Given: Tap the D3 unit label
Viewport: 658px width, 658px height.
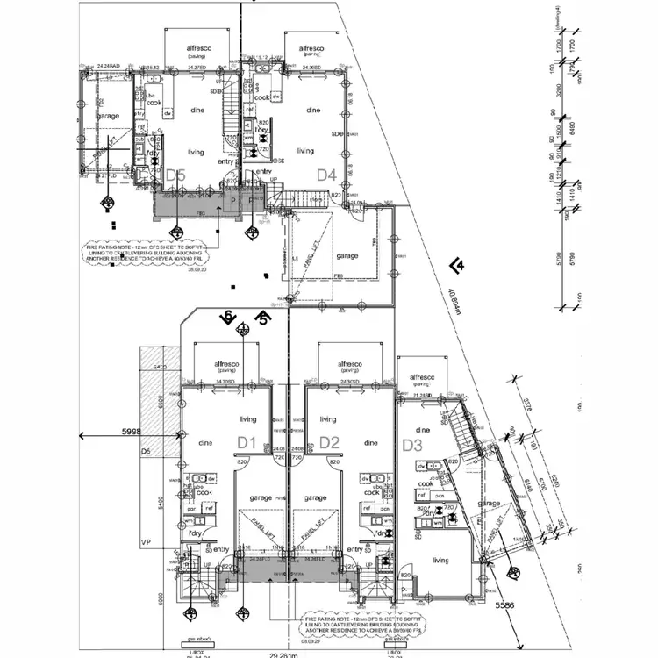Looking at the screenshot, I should click(412, 445).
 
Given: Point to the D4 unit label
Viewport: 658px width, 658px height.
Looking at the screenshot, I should click(327, 175).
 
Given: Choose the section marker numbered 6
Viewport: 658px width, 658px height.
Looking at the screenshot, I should click(228, 318).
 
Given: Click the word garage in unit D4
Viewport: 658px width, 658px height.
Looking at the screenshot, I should click(347, 255).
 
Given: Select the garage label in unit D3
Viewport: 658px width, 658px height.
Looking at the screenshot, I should click(489, 504).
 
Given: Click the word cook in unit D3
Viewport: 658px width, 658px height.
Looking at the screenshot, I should click(426, 483).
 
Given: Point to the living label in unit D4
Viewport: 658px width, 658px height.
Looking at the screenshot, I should click(304, 151).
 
